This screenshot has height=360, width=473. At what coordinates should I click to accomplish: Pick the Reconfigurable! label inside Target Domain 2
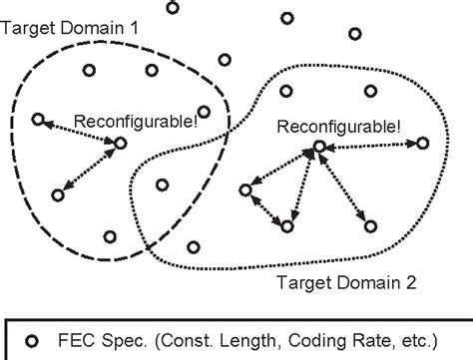339,127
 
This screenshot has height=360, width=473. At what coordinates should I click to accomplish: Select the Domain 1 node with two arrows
120,144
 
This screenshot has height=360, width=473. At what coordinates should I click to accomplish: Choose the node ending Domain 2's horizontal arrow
421,145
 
